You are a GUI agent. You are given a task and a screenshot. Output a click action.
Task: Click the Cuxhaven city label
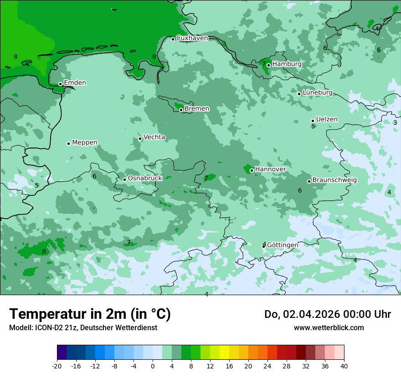click(192, 38)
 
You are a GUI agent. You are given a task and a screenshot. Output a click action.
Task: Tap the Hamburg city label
click(287, 64)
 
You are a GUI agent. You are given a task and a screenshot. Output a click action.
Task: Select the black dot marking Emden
click(60, 84)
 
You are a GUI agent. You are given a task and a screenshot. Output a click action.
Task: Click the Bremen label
click(197, 109)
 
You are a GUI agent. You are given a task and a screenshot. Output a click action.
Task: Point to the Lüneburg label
click(318, 92)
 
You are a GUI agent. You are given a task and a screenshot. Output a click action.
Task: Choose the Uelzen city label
click(327, 119)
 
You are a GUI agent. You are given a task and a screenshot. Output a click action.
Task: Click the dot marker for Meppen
click(68, 143)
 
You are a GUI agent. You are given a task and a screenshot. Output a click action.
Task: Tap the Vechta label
click(154, 137)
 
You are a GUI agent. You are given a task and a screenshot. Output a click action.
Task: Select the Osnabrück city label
click(145, 178)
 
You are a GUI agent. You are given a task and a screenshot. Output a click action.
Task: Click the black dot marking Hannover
click(252, 170)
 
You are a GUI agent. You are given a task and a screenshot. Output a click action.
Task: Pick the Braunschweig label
click(334, 180)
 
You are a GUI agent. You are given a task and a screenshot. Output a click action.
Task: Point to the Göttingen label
click(283, 245)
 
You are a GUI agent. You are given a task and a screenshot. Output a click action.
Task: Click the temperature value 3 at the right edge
click(395, 123)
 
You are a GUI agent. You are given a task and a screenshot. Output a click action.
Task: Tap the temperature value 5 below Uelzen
click(313, 126)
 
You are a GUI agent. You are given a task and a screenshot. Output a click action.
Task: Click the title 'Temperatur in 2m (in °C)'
click(90, 314)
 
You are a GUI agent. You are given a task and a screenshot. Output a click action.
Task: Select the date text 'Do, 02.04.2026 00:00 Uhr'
click(327, 314)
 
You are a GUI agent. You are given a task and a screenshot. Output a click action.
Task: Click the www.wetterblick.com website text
click(329, 327)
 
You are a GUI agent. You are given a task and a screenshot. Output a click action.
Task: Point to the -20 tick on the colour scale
click(57, 366)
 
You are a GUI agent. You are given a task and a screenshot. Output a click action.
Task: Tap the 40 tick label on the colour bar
click(344, 366)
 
